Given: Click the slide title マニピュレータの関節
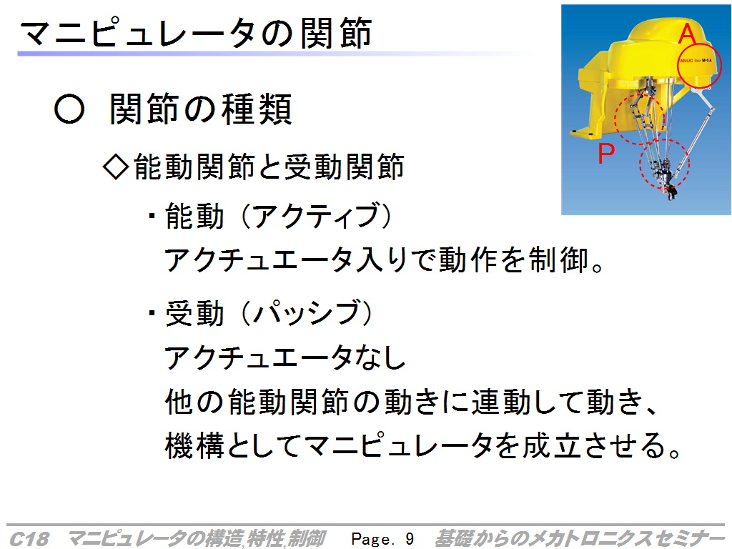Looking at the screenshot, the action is coord(196,33).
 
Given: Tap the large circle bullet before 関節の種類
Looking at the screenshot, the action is coord(69,109).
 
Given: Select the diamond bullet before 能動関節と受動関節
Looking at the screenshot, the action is coord(115,167).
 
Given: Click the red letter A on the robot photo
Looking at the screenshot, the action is coord(687,33).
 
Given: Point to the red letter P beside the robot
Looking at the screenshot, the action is coord(606,153).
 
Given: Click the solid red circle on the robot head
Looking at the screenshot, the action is coord(698,66).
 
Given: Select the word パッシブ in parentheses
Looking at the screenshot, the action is coord(306,312).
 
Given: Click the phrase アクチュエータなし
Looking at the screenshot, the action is coord(285,357).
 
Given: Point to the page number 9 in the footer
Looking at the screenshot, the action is coord(410,539).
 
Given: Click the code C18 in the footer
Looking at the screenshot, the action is coord(29,539).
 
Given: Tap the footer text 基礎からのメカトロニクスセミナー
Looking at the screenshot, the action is coord(579,538).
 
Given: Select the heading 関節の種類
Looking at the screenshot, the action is coord(201,109).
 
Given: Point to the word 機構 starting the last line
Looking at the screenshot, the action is coord(195,445).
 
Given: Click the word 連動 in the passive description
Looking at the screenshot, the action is coord(500,402).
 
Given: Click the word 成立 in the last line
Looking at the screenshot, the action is coord(551,445).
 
